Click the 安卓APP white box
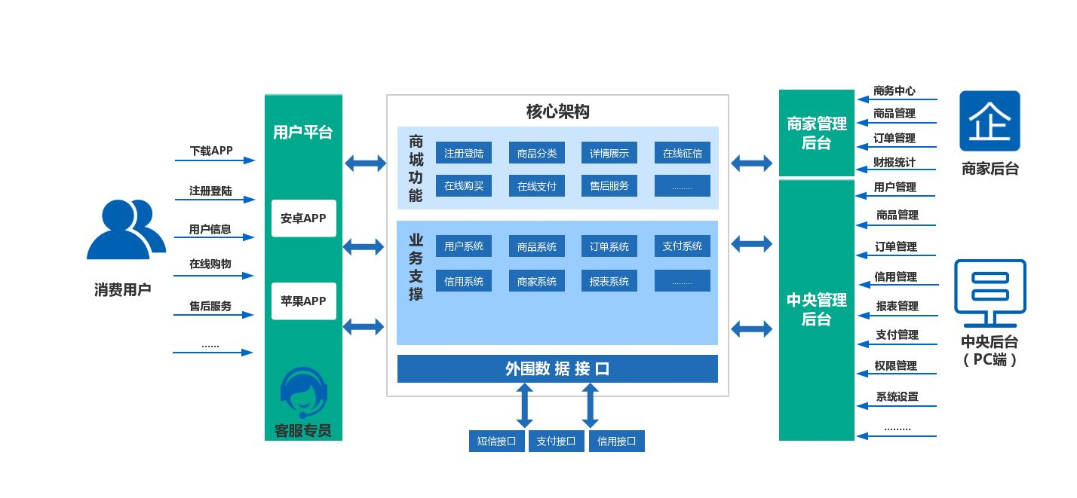tap(303, 218)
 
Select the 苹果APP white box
tap(303, 301)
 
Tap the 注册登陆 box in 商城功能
tap(463, 154)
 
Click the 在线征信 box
tap(682, 154)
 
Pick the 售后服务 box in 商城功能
tap(609, 186)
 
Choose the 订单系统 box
tap(609, 246)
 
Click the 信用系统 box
tap(463, 281)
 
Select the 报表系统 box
tap(609, 281)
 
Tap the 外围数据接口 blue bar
tap(557, 369)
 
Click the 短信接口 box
tap(496, 441)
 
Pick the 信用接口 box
tap(616, 441)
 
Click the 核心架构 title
tap(557, 112)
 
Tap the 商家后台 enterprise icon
tap(990, 121)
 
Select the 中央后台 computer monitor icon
tap(990, 289)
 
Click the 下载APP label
tap(211, 151)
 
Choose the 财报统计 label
tap(894, 163)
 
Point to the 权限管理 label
tap(896, 365)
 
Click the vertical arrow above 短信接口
tap(525, 405)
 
